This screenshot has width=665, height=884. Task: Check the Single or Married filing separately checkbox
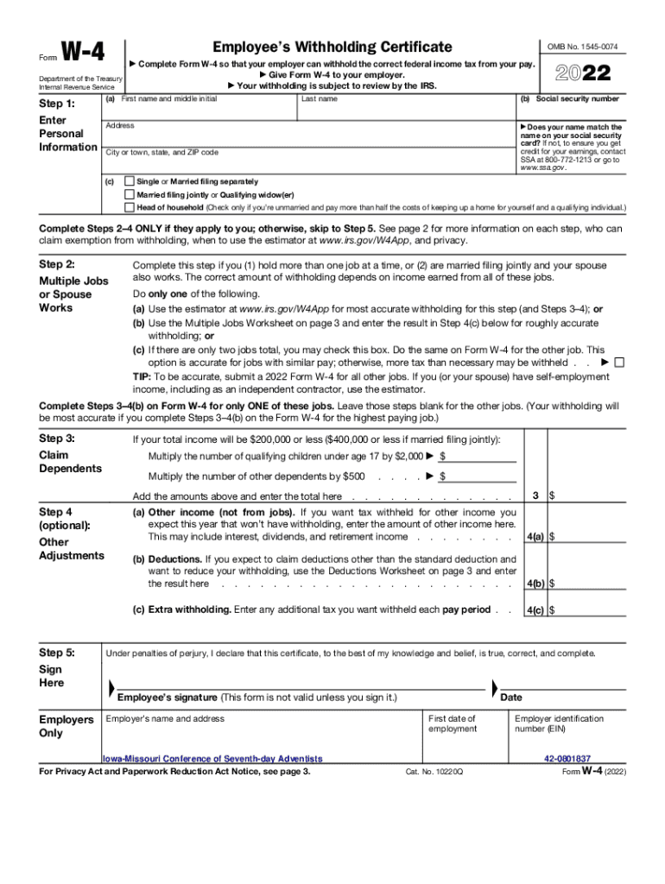(x=130, y=182)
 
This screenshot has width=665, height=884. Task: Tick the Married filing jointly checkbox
(x=130, y=195)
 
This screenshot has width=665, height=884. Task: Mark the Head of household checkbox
(x=130, y=207)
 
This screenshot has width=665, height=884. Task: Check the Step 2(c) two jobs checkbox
(x=618, y=363)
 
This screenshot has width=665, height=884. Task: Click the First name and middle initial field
(x=199, y=110)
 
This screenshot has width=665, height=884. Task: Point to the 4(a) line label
(x=535, y=536)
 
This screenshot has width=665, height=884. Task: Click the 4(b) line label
(x=535, y=583)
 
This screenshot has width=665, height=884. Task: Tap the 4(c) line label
(x=535, y=609)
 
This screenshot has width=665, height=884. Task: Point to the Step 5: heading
(x=58, y=653)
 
